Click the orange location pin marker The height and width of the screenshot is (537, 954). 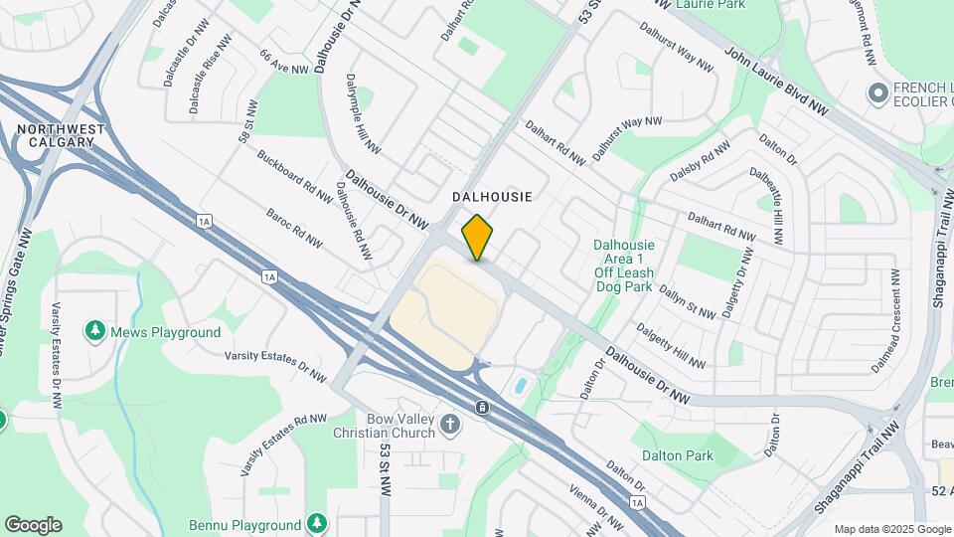coord(478,238)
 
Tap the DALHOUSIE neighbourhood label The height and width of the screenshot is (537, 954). coord(493,197)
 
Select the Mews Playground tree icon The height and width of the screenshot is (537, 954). coord(96,330)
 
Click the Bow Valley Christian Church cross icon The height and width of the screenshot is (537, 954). coord(450,426)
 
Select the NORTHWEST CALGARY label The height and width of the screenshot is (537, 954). coord(61,136)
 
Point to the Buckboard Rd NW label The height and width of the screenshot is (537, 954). coord(294,176)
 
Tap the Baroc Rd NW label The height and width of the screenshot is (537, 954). coord(294,228)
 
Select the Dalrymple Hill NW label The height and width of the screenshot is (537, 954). coord(363,113)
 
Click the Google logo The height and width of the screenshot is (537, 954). coord(33,525)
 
